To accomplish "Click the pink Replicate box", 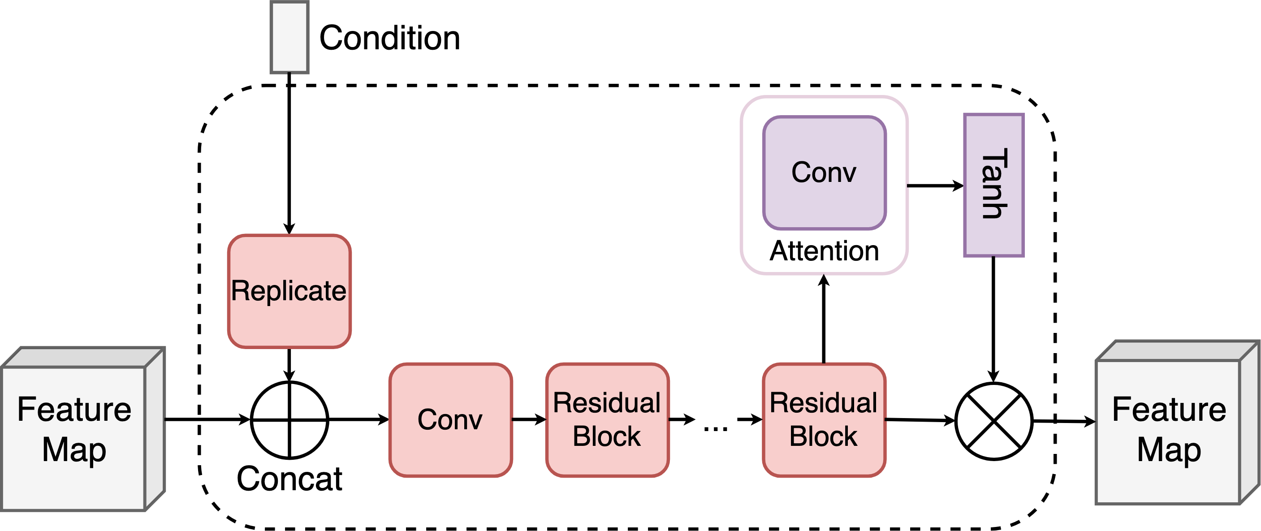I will [x=289, y=291].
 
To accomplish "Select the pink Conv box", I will [x=450, y=420].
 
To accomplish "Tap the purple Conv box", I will [x=825, y=173].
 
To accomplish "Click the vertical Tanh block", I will [x=994, y=185].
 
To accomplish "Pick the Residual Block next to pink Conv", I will [x=607, y=420].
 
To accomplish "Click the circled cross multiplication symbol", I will [x=994, y=421].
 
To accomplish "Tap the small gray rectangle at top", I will [x=289, y=37].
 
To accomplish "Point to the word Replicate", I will [x=289, y=291].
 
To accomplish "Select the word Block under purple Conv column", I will [x=823, y=436].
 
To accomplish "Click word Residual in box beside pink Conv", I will [x=607, y=403].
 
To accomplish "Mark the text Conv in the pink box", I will [x=450, y=419].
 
